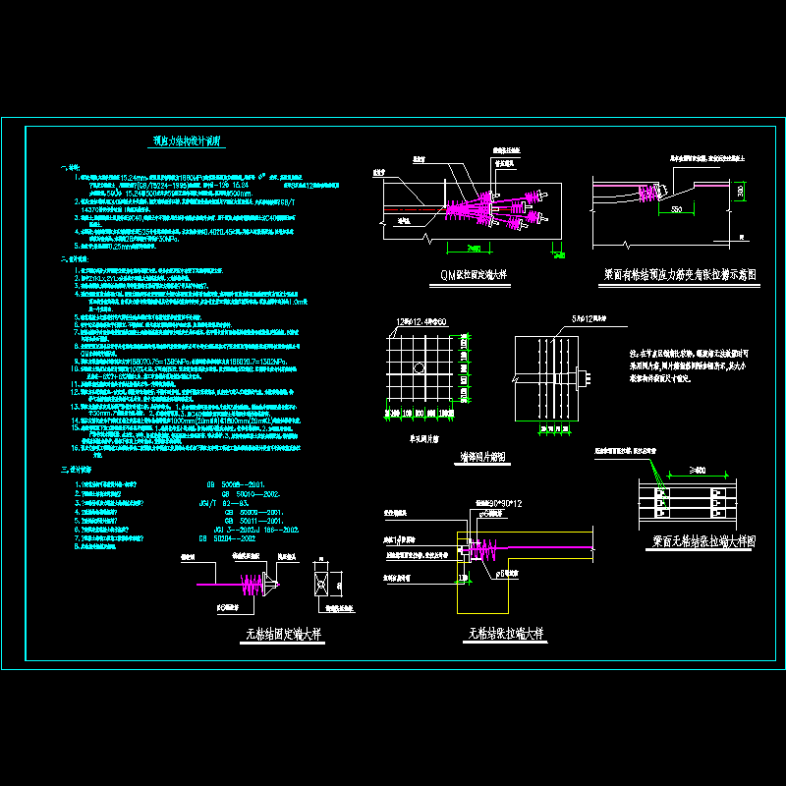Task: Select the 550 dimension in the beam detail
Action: [678, 210]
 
